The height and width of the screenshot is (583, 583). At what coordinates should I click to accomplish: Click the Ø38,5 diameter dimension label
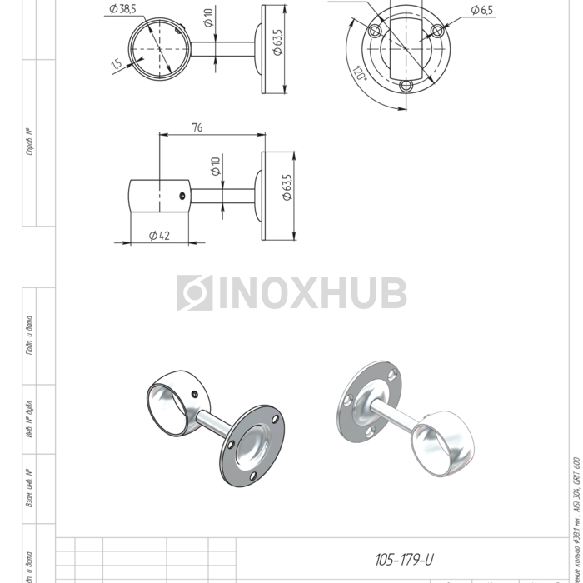tap(122, 9)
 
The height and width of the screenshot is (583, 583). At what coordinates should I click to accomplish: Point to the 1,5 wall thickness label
tap(115, 63)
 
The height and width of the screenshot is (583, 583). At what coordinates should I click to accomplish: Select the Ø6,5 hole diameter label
tap(481, 10)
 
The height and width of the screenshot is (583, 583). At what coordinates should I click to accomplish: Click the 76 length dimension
tap(197, 127)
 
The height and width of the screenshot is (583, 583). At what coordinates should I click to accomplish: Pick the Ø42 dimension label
tap(159, 236)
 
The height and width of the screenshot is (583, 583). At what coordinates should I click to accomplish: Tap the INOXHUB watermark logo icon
tap(194, 293)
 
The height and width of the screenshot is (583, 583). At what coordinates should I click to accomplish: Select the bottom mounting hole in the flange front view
tap(406, 85)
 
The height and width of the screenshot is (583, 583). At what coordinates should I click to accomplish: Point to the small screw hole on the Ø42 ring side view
tap(182, 197)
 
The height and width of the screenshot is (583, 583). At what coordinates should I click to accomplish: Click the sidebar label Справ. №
tap(30, 142)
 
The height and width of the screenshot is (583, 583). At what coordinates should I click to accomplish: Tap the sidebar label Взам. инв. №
tap(30, 488)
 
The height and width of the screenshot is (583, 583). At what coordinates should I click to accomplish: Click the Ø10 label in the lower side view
tap(215, 167)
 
